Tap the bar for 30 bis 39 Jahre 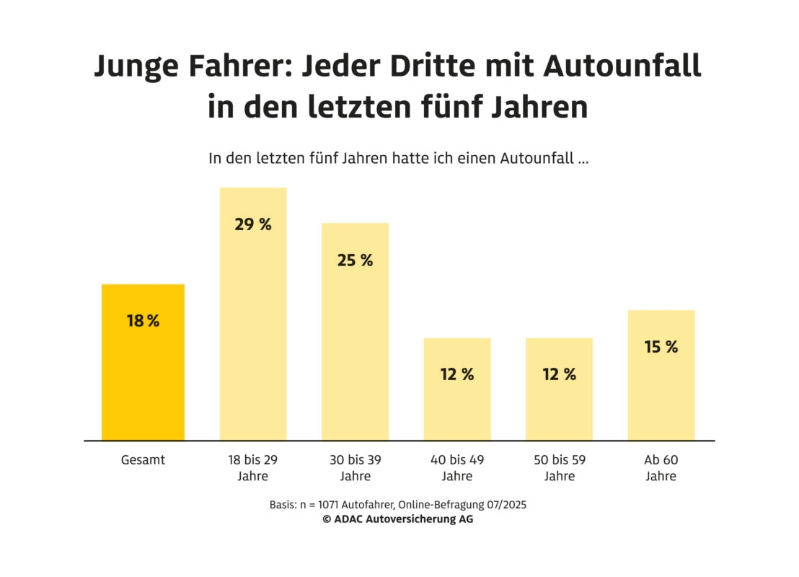click(x=355, y=346)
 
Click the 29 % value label click(x=253, y=224)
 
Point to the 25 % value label click(x=355, y=260)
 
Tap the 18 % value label click(x=143, y=321)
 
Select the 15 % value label click(x=661, y=347)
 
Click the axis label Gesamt click(x=143, y=459)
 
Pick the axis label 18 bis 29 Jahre click(x=253, y=467)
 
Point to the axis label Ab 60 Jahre click(x=661, y=467)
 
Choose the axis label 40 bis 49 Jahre click(x=457, y=467)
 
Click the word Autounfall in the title click(x=622, y=66)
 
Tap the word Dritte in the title click(x=429, y=66)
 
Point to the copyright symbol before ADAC click(x=327, y=519)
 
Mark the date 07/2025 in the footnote click(x=504, y=505)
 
